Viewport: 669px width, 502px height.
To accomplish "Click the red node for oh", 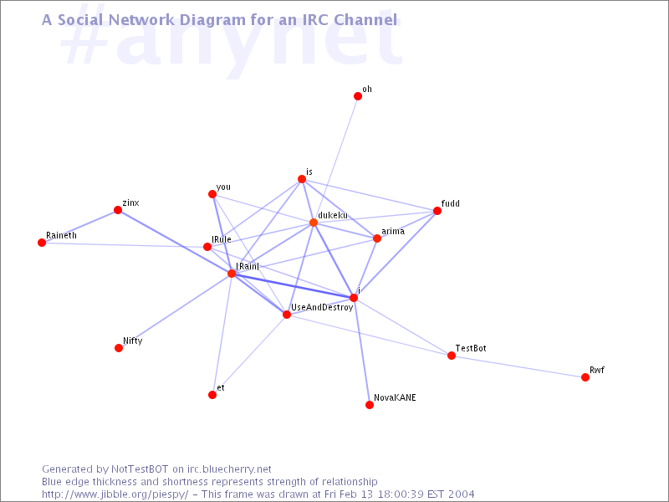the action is (x=358, y=96).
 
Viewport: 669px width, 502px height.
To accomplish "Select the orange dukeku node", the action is (x=314, y=223).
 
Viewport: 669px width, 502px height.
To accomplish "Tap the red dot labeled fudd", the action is (x=437, y=211).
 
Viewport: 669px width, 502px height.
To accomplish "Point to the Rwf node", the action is (x=585, y=377).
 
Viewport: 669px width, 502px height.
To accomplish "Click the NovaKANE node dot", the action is (x=370, y=405).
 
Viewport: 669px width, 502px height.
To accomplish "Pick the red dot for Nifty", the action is (x=119, y=348).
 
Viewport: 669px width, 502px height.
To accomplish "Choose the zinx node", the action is (x=118, y=210).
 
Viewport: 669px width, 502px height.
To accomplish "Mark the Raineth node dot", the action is (x=42, y=243).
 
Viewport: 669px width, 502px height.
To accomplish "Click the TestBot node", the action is (x=452, y=356).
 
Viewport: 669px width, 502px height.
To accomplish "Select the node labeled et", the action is (x=212, y=395).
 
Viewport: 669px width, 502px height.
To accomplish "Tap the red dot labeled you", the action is (x=212, y=195).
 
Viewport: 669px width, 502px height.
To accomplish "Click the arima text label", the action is (x=393, y=232).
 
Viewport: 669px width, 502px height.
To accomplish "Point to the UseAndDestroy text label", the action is (x=322, y=307).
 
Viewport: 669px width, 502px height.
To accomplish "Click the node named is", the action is (x=302, y=179).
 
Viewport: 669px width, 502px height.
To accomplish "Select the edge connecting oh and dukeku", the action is (x=336, y=160).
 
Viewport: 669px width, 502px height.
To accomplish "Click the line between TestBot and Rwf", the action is (x=518, y=366).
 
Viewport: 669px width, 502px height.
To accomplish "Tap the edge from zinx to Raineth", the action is (x=79, y=226).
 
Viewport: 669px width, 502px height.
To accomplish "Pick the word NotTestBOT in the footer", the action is (x=140, y=469).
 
